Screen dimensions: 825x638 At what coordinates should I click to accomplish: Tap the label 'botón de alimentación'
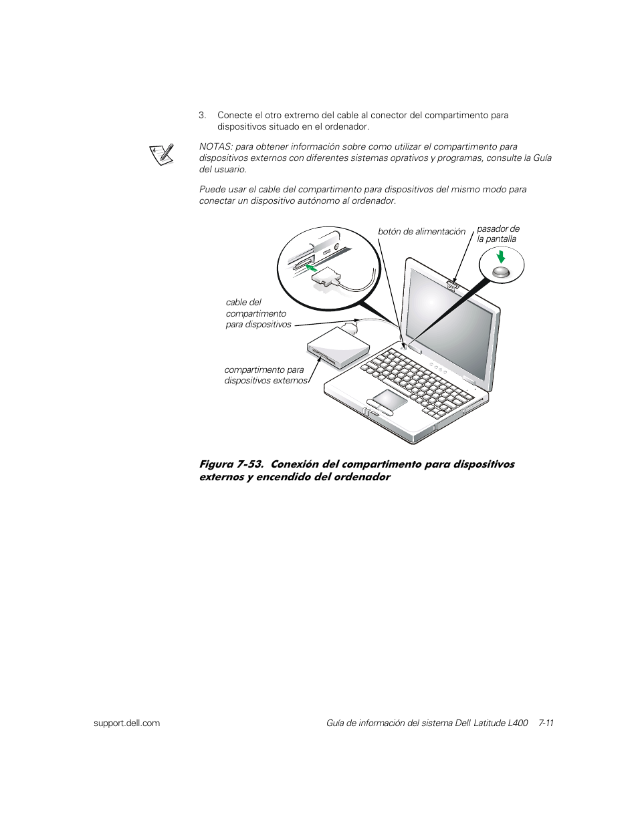[421, 232]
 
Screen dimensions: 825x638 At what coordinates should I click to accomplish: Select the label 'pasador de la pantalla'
[498, 234]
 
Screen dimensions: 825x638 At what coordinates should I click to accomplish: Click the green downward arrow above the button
[501, 257]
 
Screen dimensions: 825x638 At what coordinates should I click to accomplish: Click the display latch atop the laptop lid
[453, 286]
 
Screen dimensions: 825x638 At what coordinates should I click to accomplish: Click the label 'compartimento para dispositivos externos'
[265, 375]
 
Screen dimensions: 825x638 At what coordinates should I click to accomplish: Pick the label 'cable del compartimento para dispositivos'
[258, 313]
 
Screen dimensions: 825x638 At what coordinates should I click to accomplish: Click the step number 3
[201, 116]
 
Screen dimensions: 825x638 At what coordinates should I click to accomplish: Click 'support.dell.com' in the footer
[126, 723]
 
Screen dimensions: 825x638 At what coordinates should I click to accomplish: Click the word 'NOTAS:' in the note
[215, 147]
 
